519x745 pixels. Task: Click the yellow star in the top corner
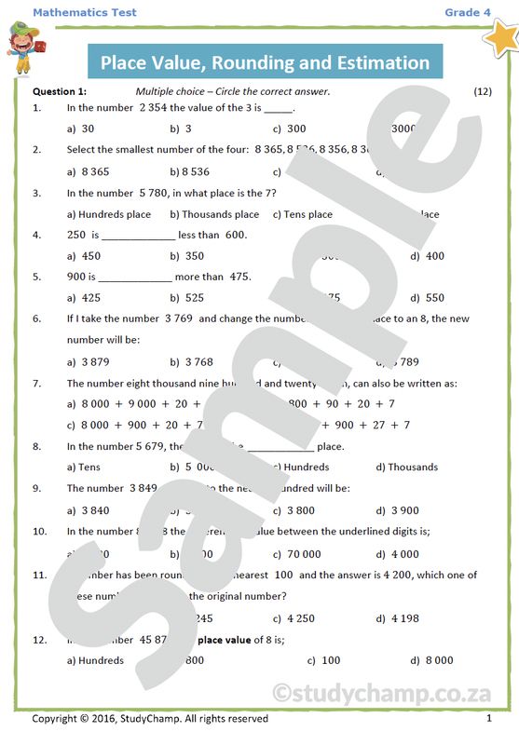click(500, 39)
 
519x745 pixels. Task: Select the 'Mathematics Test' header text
click(84, 12)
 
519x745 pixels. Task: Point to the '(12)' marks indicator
click(483, 91)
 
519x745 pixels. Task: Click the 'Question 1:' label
click(60, 91)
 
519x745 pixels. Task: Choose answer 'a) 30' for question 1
click(82, 129)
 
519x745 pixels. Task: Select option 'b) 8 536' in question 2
click(190, 171)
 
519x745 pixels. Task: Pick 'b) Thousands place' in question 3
click(214, 214)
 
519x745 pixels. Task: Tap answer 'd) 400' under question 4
click(428, 256)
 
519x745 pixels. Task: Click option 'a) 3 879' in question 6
click(89, 361)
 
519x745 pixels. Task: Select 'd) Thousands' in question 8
click(407, 467)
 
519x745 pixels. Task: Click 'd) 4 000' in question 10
click(398, 553)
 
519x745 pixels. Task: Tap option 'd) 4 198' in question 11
click(398, 617)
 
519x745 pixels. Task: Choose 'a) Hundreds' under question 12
click(96, 660)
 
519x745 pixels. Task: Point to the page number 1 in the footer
click(489, 719)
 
